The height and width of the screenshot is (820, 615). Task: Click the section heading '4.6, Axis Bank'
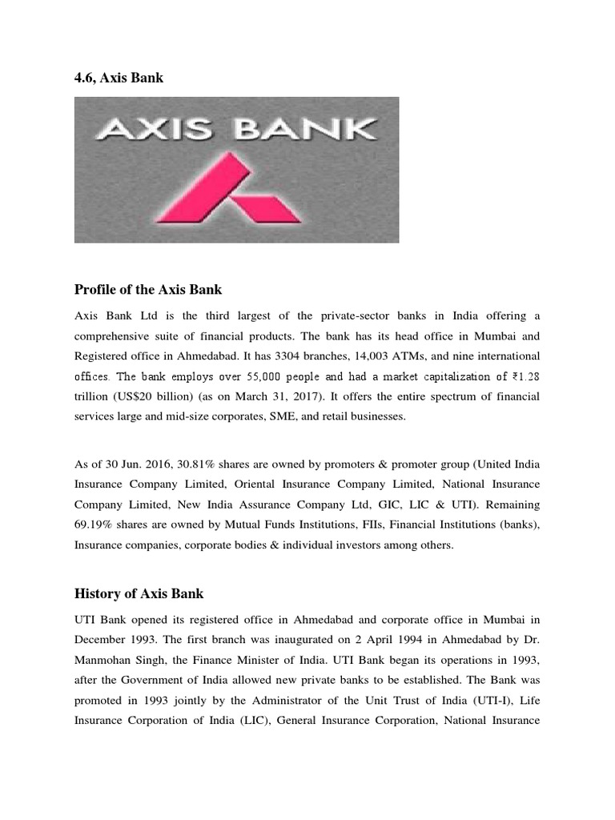pos(119,77)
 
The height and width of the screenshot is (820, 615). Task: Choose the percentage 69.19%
pos(92,525)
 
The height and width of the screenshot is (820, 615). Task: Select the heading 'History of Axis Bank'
pos(139,593)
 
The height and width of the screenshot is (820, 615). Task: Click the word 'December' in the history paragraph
pos(102,638)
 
